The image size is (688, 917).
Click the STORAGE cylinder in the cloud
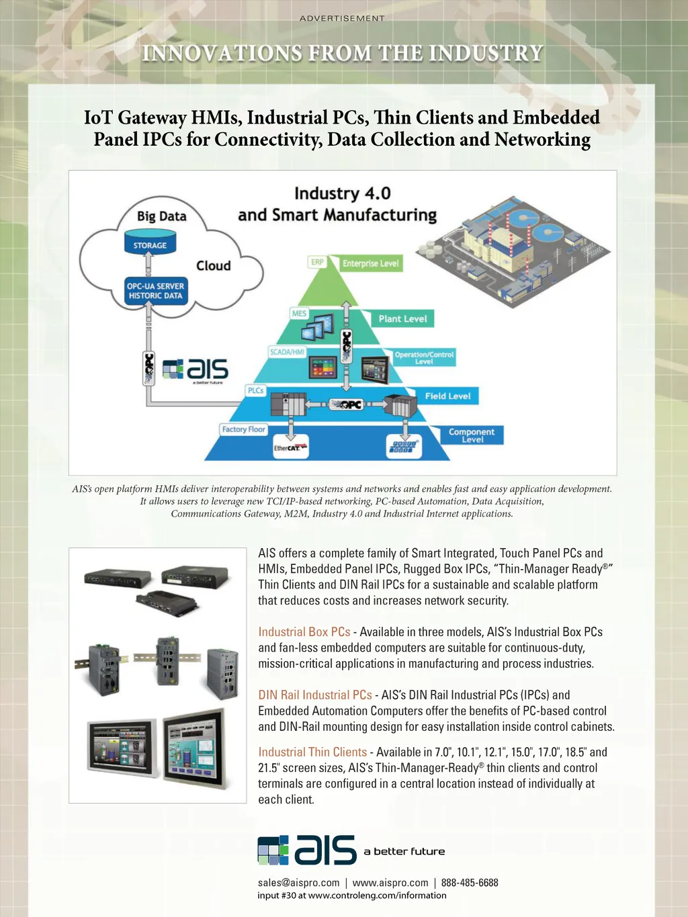pos(150,243)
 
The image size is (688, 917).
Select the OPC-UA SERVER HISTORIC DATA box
pos(155,291)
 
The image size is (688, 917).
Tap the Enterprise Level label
pos(370,263)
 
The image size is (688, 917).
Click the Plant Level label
pos(402,318)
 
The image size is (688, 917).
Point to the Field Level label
pos(447,396)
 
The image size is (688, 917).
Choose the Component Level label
pos(472,435)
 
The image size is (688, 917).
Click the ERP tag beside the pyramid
pos(317,262)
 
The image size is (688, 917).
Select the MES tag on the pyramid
pos(299,313)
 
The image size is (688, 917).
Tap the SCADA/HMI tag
pos(287,352)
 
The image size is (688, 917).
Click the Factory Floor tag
pos(243,429)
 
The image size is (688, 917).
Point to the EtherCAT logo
pos(290,447)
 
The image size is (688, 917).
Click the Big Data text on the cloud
pos(161,216)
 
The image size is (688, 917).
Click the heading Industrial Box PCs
pos(304,632)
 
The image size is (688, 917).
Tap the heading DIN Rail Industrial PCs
pos(314,695)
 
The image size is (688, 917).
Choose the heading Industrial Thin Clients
pos(312,752)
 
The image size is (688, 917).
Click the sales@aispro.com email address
pos(298,883)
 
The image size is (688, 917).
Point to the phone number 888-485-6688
pos(470,883)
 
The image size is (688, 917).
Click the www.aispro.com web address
pos(390,883)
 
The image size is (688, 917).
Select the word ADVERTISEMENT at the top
pos(342,18)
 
